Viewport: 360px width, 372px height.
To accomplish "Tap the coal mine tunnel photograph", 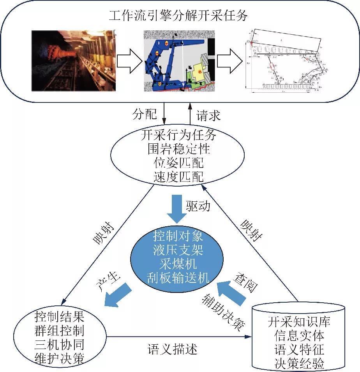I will point(73,61).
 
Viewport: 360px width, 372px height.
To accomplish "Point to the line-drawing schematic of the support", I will point(284,61).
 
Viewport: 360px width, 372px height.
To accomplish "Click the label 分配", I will point(145,115).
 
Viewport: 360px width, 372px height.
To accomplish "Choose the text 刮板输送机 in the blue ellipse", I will point(178,277).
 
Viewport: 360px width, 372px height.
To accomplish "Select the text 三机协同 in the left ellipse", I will point(59,344).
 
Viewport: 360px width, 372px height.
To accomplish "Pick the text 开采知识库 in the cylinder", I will point(299,322).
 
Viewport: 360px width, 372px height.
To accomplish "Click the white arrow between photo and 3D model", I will point(129,61).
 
